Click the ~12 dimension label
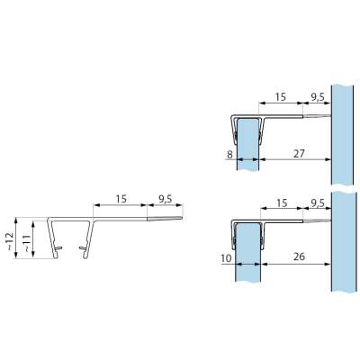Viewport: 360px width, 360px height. pyautogui.click(x=10, y=241)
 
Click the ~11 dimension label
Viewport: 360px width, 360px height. pyautogui.click(x=26, y=243)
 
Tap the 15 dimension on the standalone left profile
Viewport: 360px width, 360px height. pyautogui.click(x=121, y=199)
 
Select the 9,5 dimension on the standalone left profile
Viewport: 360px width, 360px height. pyautogui.click(x=165, y=199)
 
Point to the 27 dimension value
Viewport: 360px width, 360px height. pyautogui.click(x=299, y=153)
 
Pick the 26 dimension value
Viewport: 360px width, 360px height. pyautogui.click(x=299, y=256)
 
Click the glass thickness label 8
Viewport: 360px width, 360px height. pyautogui.click(x=229, y=155)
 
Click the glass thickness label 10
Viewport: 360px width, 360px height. pyautogui.click(x=226, y=258)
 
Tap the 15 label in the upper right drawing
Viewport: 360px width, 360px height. pyautogui.click(x=281, y=97)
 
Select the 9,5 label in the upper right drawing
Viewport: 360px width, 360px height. pyautogui.click(x=318, y=97)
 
